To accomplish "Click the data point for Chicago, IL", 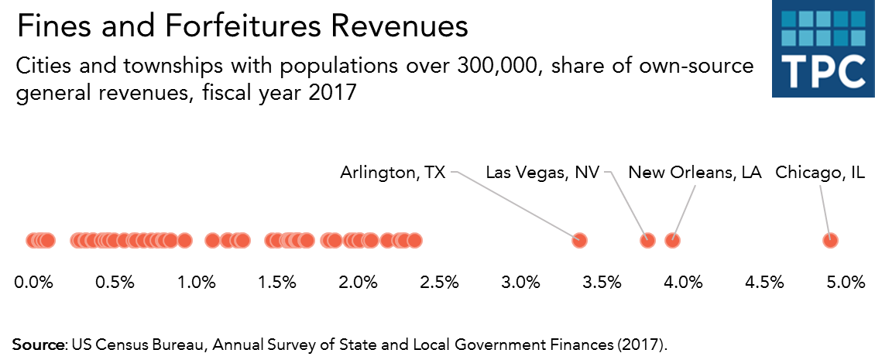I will point(830,240).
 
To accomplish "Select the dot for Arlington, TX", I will point(578,240).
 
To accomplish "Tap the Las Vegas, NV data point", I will point(647,240).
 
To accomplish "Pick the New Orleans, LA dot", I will point(673,240).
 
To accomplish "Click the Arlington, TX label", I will point(393,172).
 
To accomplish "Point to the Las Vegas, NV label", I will point(542,172).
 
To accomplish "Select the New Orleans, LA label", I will point(695,172).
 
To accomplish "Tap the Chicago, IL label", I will point(820,172).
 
